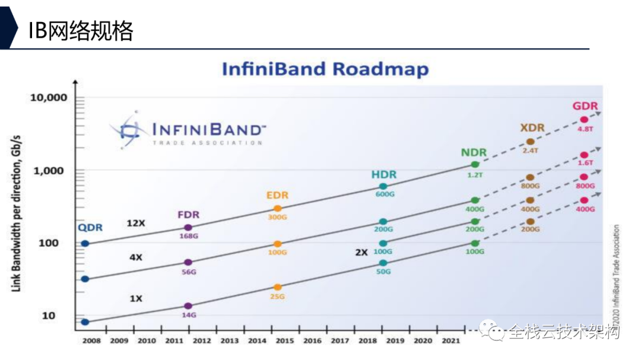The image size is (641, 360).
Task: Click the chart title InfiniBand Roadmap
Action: [325, 69]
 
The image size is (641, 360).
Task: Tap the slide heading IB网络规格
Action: [81, 31]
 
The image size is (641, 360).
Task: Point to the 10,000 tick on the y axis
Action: [49, 97]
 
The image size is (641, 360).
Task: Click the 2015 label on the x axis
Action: [284, 341]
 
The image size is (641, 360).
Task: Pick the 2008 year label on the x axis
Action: [91, 341]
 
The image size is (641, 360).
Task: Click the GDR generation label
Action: [585, 107]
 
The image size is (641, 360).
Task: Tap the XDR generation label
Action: [532, 128]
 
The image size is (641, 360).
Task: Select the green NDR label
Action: [474, 152]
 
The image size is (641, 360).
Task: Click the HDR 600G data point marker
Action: [383, 186]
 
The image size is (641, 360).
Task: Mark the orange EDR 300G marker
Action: [277, 208]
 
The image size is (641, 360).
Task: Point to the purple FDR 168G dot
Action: [188, 227]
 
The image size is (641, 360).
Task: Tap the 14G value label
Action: [189, 315]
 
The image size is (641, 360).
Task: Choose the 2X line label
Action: [361, 252]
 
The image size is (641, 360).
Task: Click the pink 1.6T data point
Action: [584, 155]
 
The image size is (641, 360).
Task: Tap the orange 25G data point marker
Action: [277, 287]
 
